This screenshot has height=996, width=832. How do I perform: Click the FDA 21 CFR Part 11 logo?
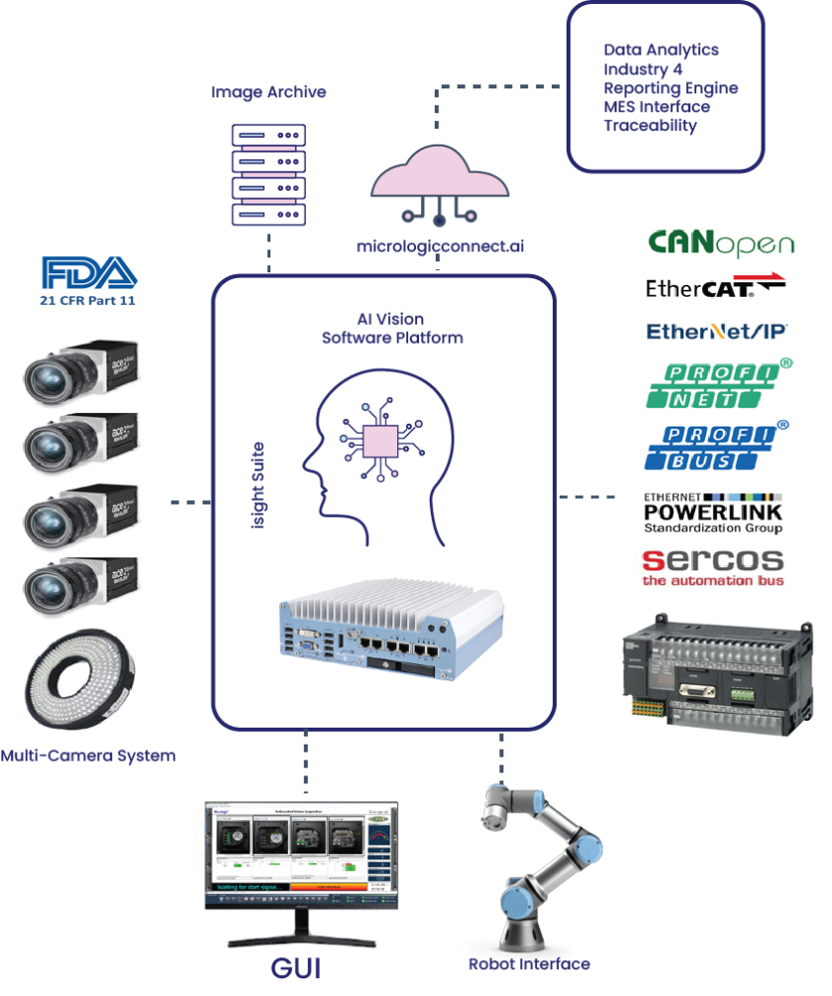(86, 282)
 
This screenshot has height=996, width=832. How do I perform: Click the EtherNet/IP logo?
(719, 332)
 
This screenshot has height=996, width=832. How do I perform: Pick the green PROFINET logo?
(719, 384)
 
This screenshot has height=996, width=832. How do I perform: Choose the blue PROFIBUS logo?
(719, 445)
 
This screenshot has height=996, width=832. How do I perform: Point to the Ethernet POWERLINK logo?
(713, 513)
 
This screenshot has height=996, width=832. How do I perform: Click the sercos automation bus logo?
(713, 567)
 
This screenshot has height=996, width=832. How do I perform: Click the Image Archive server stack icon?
(267, 174)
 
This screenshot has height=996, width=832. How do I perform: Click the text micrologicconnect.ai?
(440, 248)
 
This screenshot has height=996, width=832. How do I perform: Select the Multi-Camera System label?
(88, 755)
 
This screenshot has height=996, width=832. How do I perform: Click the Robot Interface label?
(529, 964)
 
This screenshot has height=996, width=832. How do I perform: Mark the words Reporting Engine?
(671, 88)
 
